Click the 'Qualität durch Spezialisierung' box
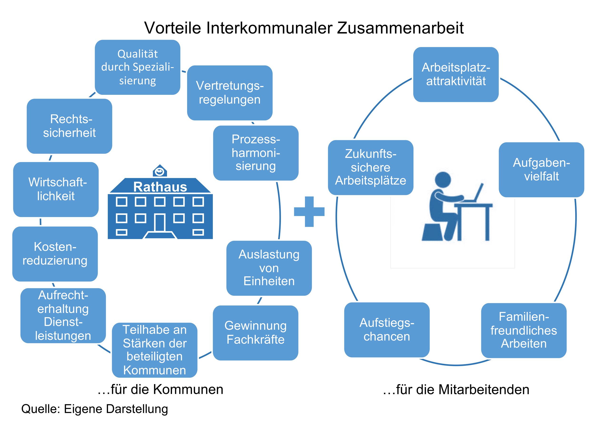pos(138,67)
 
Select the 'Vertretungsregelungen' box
pos(230,93)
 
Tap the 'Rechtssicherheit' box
pos(69,126)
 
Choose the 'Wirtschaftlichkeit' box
pos(56,189)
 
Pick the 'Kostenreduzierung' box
pos(55,254)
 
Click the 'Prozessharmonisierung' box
pos(256,153)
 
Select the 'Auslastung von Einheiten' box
pos(269,268)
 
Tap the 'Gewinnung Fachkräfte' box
pos(255,333)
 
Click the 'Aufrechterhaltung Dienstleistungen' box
pos(63,315)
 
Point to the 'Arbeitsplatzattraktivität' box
pos(456,74)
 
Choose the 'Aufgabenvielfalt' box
pos(541,170)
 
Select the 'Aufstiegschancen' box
pos(387,330)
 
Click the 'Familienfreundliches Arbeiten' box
pos(524,330)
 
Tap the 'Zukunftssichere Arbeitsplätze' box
pos(371,168)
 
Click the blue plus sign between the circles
pos(309,212)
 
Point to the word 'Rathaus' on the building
pos(160,187)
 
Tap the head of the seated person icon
pos(443,179)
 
